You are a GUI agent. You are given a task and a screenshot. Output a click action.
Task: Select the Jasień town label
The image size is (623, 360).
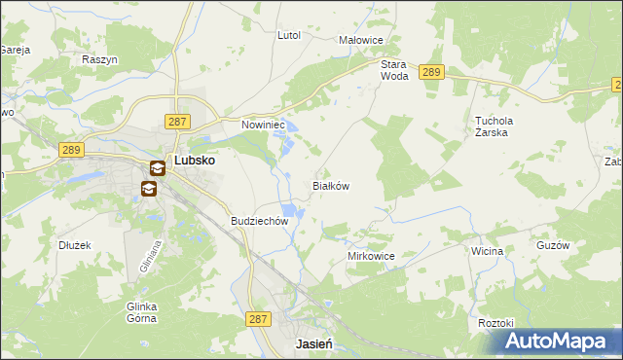(x=314, y=344)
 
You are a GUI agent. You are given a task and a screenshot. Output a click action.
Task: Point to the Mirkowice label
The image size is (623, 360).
(x=371, y=256)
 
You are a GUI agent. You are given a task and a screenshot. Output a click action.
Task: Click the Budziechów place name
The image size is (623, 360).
(x=260, y=221)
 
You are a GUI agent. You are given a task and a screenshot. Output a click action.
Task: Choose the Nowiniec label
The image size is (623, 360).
(x=262, y=125)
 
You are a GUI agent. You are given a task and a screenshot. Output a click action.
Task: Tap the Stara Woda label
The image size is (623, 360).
(x=393, y=69)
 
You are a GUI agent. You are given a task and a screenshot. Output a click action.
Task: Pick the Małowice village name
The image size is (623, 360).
(x=361, y=40)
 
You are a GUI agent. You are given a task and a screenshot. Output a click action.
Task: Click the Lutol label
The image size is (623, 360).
(x=289, y=35)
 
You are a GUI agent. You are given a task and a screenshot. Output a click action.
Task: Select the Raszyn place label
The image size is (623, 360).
(x=100, y=59)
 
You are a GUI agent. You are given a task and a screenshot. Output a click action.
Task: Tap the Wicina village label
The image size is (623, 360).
(x=487, y=251)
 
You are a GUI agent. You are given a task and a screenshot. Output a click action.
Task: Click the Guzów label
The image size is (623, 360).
(x=552, y=246)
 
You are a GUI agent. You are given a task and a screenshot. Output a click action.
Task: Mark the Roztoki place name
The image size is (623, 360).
(x=495, y=322)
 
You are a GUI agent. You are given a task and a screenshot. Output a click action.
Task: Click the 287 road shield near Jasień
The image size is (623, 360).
(x=257, y=318)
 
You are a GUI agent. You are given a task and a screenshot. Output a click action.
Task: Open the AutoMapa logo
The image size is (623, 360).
(x=556, y=342)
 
